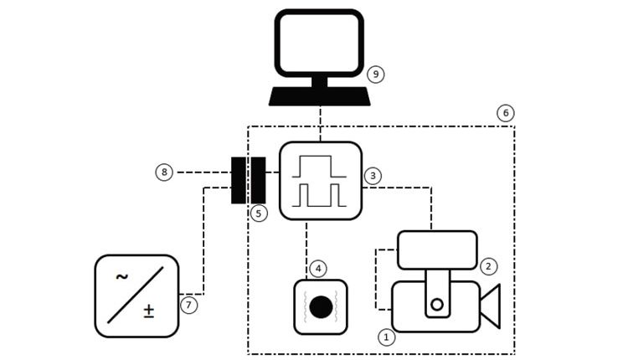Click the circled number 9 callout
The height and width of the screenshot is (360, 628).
click(376, 75)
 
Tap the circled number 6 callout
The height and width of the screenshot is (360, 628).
click(504, 112)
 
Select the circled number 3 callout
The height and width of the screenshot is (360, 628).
click(373, 176)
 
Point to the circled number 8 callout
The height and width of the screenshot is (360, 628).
click(164, 172)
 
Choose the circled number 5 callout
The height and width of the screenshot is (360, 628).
click(259, 213)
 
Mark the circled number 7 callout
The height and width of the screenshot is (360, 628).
click(189, 306)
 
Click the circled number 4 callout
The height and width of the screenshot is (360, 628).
click(317, 269)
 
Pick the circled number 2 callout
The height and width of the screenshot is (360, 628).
click(489, 265)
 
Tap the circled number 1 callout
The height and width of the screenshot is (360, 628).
click(386, 337)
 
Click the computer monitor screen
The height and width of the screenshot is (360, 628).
click(319, 42)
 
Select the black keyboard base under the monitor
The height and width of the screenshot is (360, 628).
click(319, 96)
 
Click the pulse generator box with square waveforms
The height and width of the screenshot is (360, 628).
click(320, 180)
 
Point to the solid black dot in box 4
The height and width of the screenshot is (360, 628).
click(320, 307)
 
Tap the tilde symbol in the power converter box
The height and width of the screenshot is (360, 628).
click(121, 277)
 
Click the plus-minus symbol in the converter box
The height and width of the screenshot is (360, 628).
click(148, 311)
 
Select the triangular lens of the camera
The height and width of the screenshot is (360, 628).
click(491, 307)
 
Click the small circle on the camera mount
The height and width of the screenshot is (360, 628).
click(436, 303)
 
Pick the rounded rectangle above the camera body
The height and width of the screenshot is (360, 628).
click(436, 249)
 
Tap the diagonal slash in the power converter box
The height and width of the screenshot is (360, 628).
click(136, 296)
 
